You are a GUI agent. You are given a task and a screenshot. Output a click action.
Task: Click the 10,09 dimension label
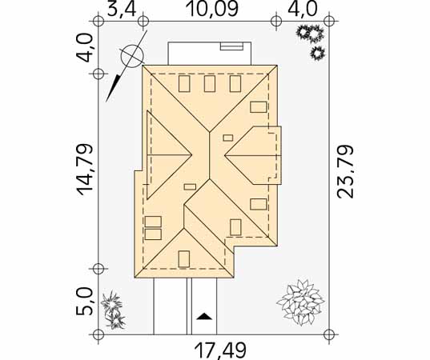(x=211, y=9)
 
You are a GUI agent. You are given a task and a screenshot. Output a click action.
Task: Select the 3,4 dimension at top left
(x=122, y=10)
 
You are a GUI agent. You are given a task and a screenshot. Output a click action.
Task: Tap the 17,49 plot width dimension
(x=220, y=350)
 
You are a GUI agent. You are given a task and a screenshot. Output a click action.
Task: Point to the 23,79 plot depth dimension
(x=345, y=171)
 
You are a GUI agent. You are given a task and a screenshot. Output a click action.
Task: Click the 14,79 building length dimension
(x=84, y=170)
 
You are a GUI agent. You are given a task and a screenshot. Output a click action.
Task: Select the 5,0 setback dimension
(x=86, y=302)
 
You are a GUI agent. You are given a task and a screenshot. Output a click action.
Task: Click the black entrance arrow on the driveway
(x=204, y=316)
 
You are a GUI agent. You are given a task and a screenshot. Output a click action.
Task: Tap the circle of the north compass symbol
(x=132, y=56)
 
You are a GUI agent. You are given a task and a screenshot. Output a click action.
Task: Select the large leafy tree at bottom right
(x=301, y=302)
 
